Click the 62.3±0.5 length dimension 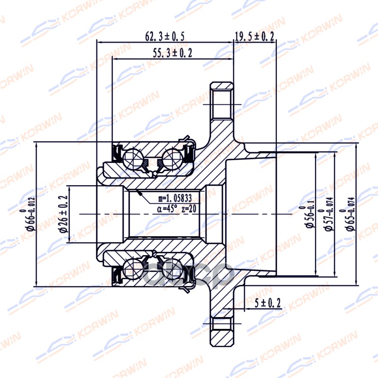coord(165,36)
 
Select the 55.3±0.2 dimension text coord(172,53)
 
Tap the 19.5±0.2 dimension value coord(255,36)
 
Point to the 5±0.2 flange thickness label coord(268,303)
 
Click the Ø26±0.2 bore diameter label coord(64,215)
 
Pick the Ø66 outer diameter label coord(29,215)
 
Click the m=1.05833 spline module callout coord(175,198)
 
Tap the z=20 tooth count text coord(189,209)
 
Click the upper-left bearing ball coord(133,158)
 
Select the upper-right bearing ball coord(172,158)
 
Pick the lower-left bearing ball coord(133,266)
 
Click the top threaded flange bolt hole coord(222,104)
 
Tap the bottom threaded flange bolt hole coord(222,324)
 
